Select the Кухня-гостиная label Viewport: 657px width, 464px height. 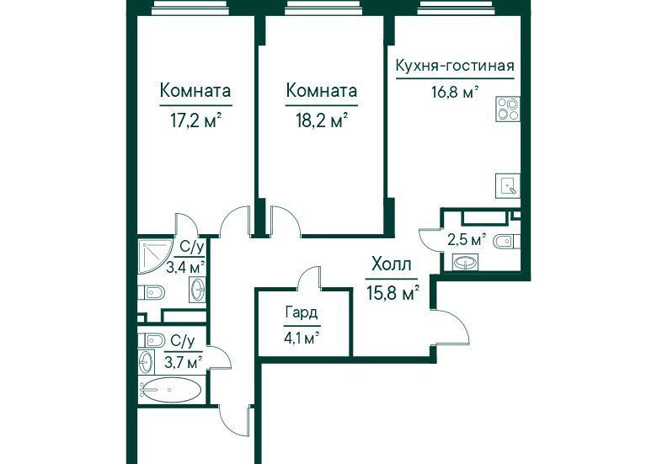coord(455,66)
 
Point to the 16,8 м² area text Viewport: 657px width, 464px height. coord(456,92)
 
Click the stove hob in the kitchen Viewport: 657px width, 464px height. coord(508,109)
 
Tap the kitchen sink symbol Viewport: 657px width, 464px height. coord(508,185)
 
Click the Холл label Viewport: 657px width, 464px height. coord(392,264)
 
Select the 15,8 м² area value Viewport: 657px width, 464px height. coord(393,293)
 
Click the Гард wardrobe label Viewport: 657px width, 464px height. coord(302,312)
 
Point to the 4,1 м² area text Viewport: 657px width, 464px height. coord(302,338)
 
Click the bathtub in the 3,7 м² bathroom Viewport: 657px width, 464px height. coord(171,390)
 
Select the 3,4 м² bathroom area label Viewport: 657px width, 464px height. coord(185,266)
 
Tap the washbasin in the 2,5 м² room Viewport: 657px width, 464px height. coord(465,263)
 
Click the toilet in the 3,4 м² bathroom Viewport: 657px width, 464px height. coord(152,292)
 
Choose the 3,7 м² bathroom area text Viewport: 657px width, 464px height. coord(184,362)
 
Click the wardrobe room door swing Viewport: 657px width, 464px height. coord(309,278)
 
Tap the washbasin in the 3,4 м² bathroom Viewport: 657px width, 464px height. coord(198,289)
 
